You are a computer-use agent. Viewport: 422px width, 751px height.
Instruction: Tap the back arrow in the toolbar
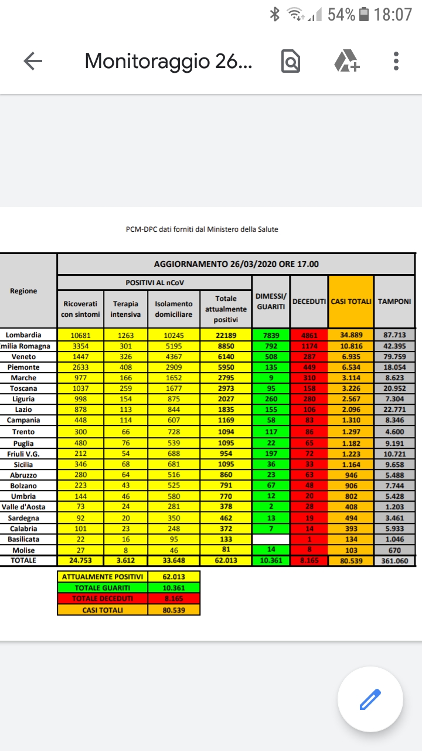33,61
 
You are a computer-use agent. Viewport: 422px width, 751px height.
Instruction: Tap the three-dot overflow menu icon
396,61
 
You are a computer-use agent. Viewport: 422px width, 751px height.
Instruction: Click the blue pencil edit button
370,699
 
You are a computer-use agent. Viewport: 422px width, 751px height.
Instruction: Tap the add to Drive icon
346,61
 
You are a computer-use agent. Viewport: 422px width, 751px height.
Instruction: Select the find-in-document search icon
291,61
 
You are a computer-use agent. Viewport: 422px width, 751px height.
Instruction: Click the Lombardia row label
23,335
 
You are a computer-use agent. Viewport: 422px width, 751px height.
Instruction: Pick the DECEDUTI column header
309,302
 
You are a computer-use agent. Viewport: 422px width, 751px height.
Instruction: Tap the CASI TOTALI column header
351,302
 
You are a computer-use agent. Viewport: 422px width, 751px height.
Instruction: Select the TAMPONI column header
394,302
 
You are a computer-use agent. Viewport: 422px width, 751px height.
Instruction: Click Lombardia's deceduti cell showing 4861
309,335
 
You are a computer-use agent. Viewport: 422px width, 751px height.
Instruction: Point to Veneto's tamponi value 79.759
394,357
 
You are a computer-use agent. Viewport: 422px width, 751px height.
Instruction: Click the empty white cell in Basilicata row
271,539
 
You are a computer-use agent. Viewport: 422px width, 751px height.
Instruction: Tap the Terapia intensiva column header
126,309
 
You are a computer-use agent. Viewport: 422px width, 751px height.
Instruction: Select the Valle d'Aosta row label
23,507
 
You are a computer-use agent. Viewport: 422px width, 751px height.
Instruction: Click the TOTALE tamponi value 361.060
394,560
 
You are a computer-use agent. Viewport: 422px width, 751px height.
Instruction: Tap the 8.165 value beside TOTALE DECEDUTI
173,599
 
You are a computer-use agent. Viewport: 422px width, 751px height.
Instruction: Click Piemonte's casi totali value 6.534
351,367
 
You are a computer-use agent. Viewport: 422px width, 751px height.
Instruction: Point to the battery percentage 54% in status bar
342,15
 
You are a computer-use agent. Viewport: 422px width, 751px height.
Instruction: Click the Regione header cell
23,291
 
